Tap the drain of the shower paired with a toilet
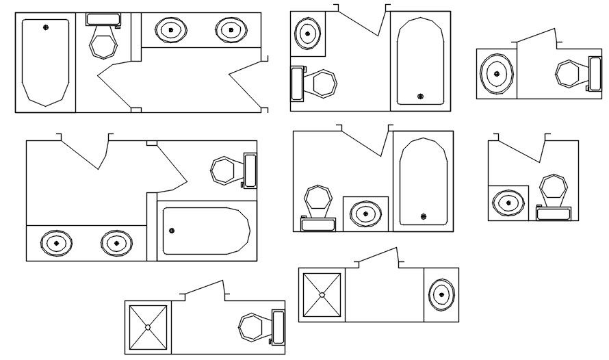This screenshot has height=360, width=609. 147,327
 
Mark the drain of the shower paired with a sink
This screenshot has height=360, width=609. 322,294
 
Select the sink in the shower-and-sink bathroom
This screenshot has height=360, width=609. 441,294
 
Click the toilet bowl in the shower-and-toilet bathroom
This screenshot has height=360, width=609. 251,326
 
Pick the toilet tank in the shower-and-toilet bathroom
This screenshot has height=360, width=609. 278,326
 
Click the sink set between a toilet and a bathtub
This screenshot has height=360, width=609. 365,214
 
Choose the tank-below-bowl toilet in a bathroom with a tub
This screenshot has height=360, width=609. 318,198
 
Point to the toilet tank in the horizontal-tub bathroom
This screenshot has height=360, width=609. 250,170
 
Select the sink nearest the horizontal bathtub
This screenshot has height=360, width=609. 116,243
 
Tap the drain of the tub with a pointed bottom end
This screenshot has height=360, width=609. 46,27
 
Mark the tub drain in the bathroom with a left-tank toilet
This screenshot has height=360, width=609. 419,96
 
